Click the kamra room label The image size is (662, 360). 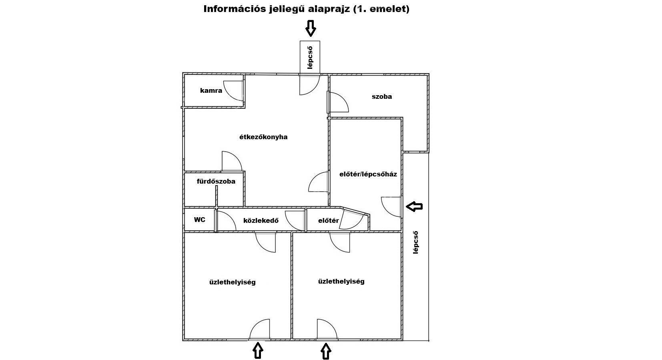coord(211,90)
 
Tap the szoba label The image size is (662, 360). coord(382,96)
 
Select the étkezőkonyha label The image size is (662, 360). coord(263,137)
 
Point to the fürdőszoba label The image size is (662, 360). coord(216,181)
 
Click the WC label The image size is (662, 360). coord(199,220)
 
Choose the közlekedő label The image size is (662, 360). coord(261,221)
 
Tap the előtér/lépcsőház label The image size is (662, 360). coord(368,174)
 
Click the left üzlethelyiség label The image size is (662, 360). coord(232,282)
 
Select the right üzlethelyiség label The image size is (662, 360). coord(341,281)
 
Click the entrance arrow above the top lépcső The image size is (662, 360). coord(310,28)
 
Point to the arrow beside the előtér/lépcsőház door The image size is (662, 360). coord(414,206)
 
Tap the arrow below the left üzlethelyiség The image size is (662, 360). coord(258,350)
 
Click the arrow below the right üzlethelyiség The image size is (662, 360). coord(326,351)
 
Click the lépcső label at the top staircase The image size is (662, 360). coord(310,58)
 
